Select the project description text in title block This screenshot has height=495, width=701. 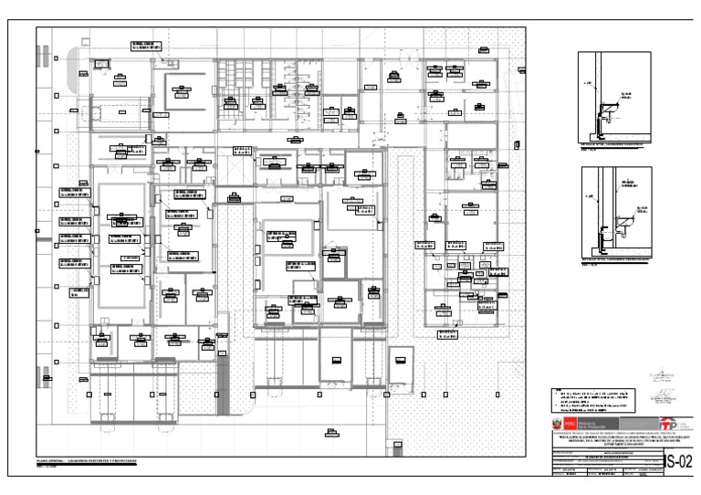622,439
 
